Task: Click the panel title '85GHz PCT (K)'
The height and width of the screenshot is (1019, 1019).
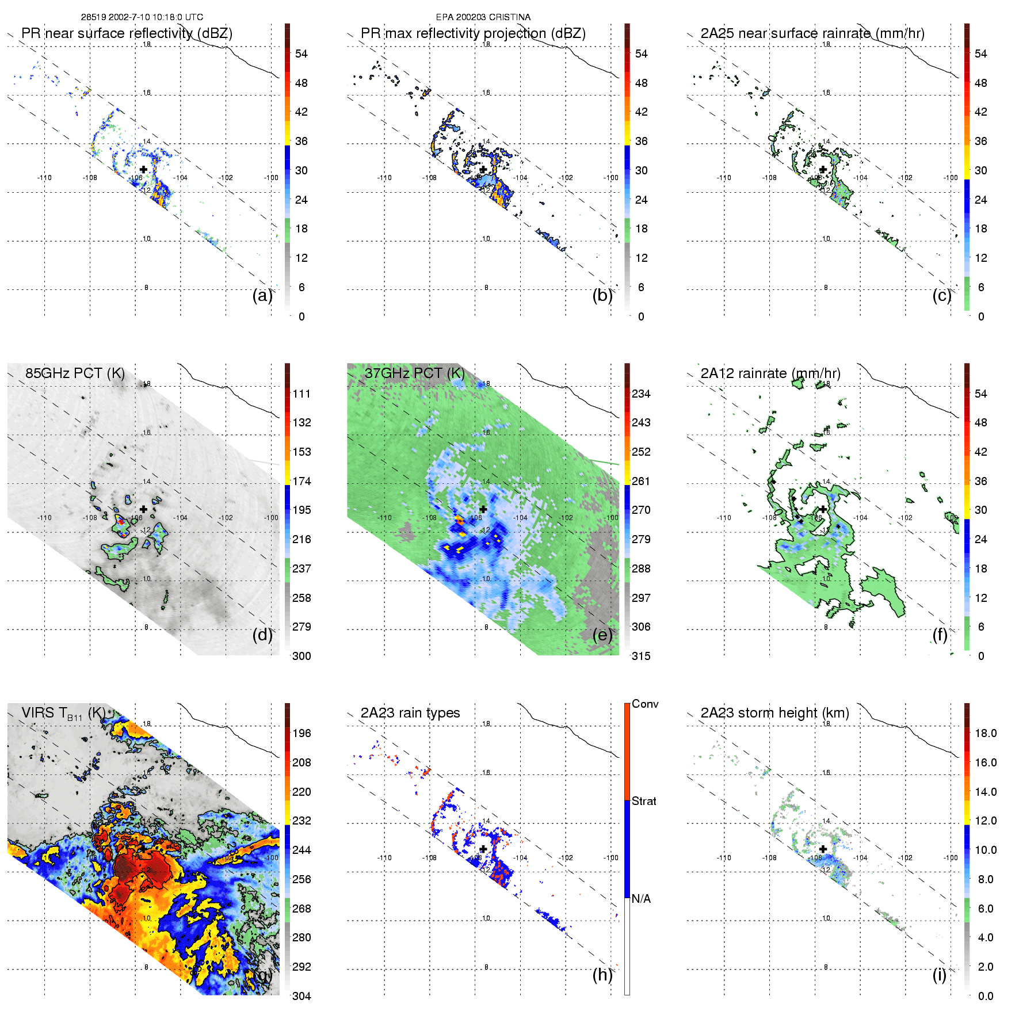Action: pos(75,373)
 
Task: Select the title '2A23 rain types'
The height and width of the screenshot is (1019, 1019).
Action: pos(410,713)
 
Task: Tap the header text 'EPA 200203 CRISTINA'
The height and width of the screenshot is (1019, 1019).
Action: pos(483,17)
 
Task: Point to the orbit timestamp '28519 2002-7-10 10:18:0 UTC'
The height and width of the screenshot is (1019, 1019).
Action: pos(142,17)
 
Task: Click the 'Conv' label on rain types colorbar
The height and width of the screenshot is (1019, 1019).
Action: pos(645,704)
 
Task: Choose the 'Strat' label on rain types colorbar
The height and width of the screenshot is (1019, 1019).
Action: pos(644,801)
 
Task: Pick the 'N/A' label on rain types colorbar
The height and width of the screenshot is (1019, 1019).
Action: pos(641,899)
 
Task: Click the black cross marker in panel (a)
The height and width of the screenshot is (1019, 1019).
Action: pos(143,169)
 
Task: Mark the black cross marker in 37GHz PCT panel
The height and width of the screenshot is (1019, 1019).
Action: pos(483,509)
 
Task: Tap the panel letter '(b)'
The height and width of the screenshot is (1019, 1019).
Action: pos(602,295)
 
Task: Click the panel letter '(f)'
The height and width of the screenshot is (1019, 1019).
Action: pos(940,635)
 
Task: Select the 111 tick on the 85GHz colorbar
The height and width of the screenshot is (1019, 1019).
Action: pos(301,394)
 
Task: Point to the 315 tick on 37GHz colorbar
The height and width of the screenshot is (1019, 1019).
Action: pos(641,656)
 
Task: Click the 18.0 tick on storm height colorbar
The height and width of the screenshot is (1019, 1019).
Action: pos(986,733)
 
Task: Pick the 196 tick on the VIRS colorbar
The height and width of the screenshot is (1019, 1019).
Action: pos(301,733)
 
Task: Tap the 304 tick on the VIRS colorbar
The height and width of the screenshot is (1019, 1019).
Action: pos(301,996)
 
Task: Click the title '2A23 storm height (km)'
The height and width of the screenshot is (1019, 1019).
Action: pos(774,713)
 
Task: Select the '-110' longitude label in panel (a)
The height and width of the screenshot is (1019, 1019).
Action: pos(44,178)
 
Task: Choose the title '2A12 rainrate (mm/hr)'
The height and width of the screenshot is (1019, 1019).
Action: pos(770,373)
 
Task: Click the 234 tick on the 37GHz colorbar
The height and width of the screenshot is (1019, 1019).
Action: pos(641,394)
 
